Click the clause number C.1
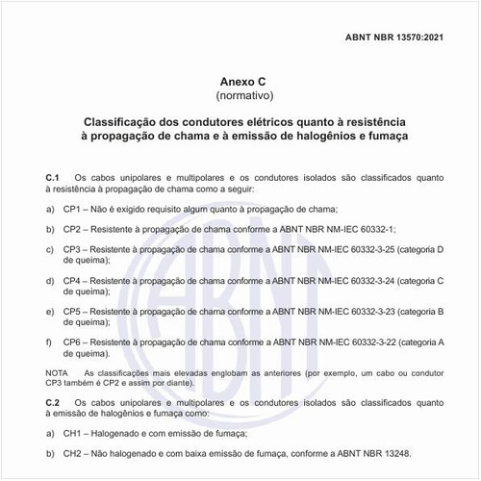[53, 179]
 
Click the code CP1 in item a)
[74, 209]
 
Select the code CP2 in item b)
[74, 229]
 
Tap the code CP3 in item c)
[74, 250]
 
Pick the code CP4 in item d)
[74, 281]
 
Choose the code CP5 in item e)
[74, 312]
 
